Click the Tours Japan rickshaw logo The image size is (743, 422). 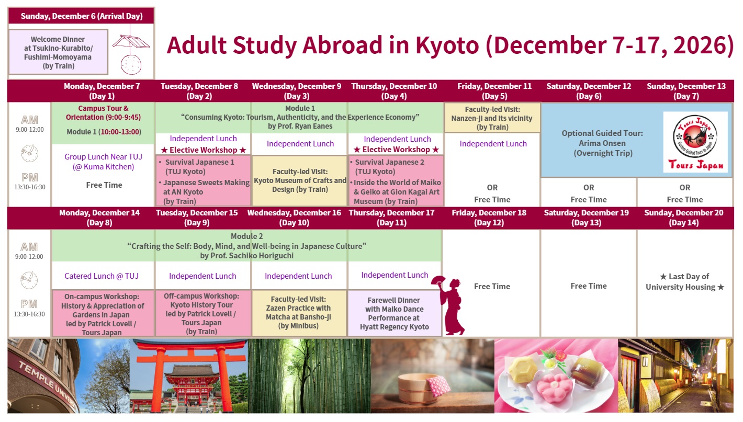click(695, 142)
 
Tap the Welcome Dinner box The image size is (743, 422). click(59, 52)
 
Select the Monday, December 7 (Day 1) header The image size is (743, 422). click(102, 91)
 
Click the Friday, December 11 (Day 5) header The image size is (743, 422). click(494, 91)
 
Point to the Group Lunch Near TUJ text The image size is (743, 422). click(103, 162)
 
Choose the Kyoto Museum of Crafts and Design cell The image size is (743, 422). click(300, 180)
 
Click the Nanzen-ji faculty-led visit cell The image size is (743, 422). click(492, 118)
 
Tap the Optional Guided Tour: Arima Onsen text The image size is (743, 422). click(602, 143)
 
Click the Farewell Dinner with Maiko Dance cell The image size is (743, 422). click(395, 313)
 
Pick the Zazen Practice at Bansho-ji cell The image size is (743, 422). click(299, 313)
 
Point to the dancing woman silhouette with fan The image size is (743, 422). click(449, 305)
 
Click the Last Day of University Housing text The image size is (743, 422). click(684, 281)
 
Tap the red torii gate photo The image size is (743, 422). click(188, 375)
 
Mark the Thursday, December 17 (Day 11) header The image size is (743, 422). click(391, 218)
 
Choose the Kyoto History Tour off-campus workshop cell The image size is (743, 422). click(202, 313)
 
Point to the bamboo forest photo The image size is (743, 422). click(309, 375)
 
